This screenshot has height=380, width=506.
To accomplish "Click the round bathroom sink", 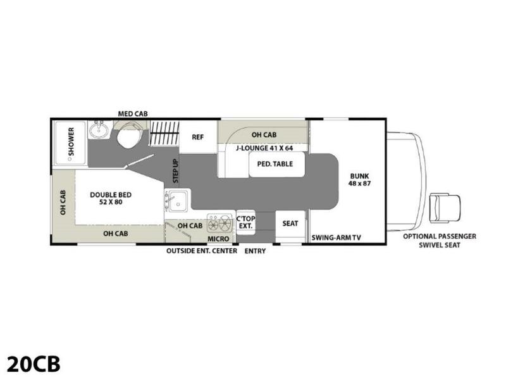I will (98, 131).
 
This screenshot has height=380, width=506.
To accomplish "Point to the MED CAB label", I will (133, 114).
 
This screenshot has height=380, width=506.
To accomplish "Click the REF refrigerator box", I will (198, 137).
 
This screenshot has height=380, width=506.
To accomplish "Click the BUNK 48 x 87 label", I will (359, 180).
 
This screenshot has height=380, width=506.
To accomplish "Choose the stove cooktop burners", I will (221, 224).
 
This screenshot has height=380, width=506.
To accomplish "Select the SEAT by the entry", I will (290, 224).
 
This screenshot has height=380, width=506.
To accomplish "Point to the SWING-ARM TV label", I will (336, 237).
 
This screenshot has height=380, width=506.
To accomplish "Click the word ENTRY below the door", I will (255, 251).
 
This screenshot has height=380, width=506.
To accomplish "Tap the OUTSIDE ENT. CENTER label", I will (201, 251).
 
